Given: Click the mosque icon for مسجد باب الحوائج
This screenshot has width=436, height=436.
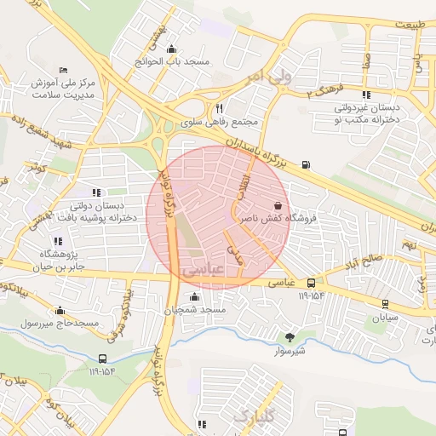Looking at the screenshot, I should (x=173, y=48).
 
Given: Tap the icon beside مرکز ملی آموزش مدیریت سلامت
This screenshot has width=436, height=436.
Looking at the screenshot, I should (x=62, y=70).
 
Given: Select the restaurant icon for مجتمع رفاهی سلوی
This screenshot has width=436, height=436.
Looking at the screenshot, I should (x=220, y=108).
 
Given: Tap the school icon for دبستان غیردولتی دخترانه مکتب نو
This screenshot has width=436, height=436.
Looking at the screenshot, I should (x=366, y=95).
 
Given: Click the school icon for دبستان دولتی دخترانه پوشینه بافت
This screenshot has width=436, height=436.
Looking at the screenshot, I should (x=96, y=192).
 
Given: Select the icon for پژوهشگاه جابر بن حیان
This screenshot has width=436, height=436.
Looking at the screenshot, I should (x=58, y=241).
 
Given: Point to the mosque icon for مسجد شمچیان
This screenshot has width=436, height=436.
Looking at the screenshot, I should (x=195, y=296).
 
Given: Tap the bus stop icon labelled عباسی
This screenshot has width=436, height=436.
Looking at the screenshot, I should (x=311, y=282).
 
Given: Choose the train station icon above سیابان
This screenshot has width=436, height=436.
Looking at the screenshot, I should (x=385, y=302).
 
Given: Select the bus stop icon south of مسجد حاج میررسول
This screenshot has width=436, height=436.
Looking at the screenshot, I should (x=102, y=359).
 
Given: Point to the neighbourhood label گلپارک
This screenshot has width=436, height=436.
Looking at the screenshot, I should (x=253, y=416).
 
